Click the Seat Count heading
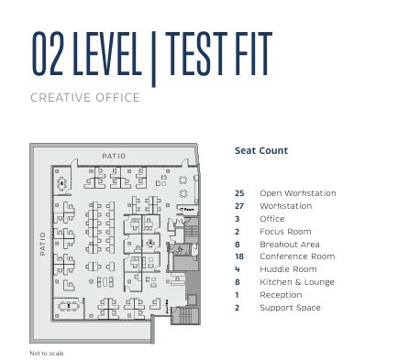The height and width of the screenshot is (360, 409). point(261,150)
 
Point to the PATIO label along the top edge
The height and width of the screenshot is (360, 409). point(114,156)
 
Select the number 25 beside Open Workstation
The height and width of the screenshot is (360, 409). point(239,193)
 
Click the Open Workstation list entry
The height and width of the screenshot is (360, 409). point(297,193)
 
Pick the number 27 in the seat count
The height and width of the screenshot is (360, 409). point(239,206)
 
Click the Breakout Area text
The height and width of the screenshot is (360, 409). point(289,245)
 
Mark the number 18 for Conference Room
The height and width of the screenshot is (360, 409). point(239,257)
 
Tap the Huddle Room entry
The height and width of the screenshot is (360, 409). point(288,270)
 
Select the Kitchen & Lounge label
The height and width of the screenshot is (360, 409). point(296,283)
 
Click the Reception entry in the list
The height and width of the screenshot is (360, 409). point(281,295)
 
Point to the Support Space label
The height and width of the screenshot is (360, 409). point(290,308)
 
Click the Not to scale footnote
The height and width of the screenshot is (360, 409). point(46,352)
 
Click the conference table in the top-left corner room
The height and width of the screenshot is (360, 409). point(62,181)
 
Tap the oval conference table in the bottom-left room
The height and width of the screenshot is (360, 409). point(66,305)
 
